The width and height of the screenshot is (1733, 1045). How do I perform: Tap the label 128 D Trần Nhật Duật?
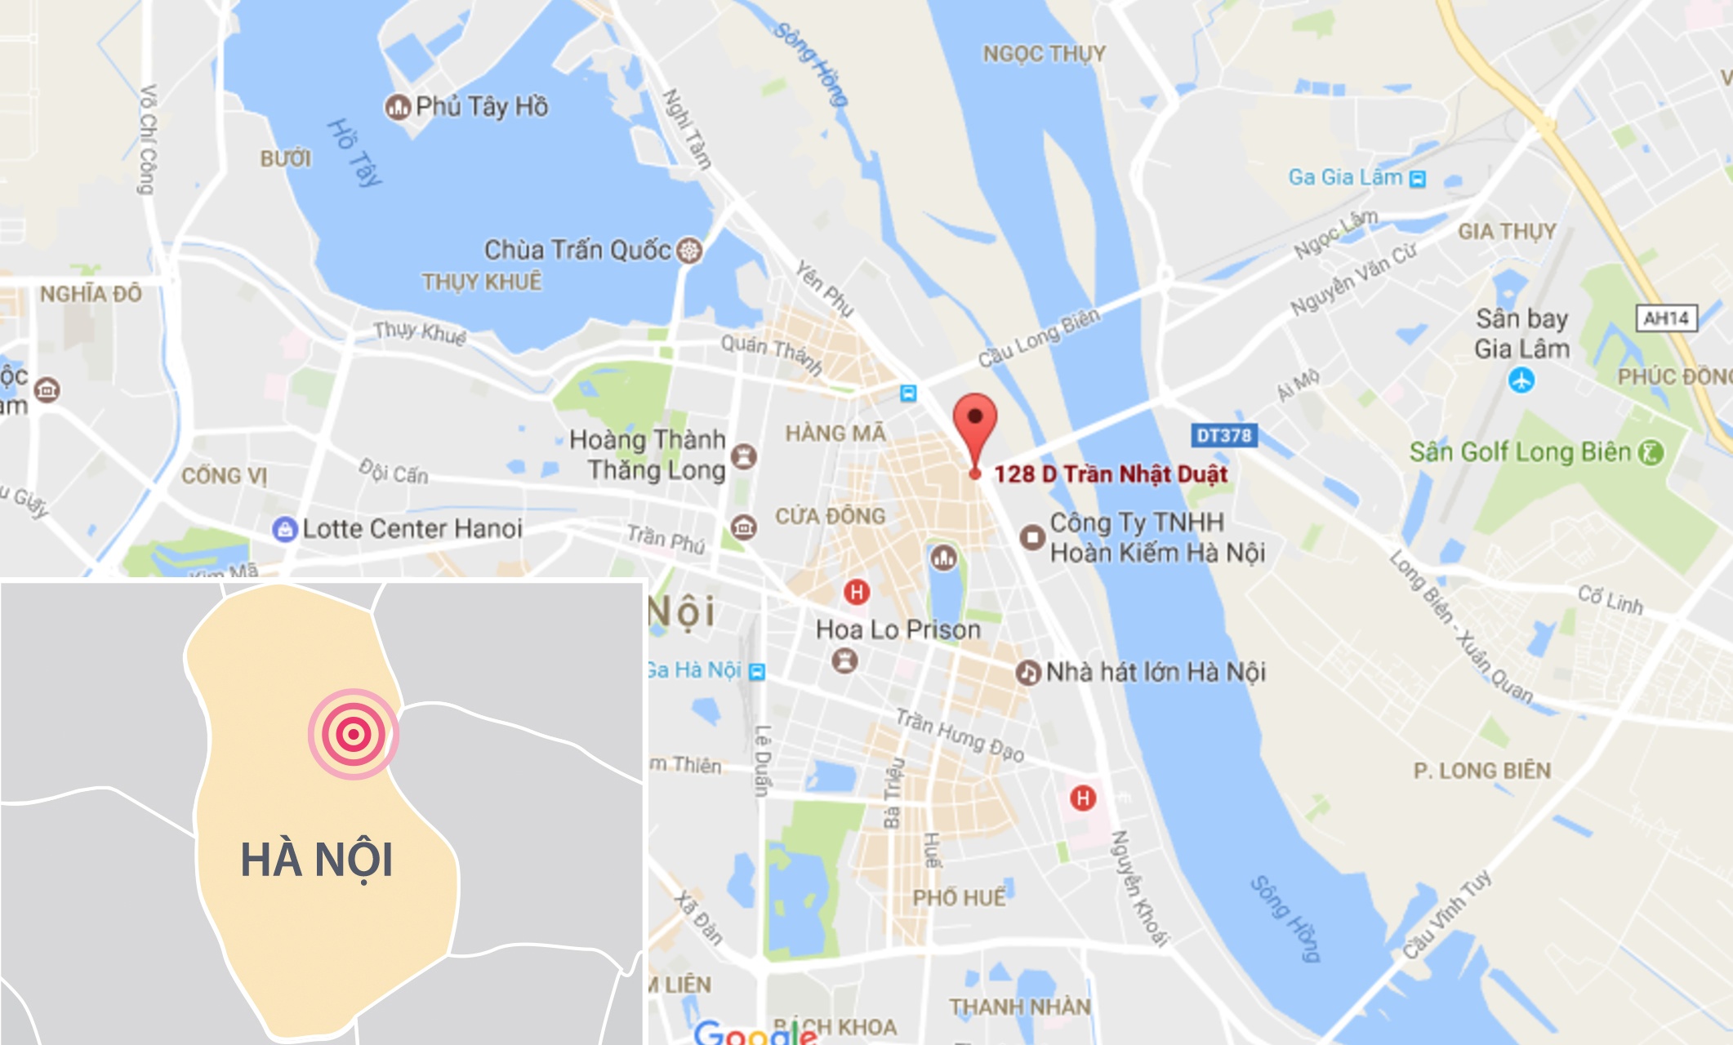(1111, 474)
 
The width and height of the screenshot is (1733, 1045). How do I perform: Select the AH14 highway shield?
(1666, 318)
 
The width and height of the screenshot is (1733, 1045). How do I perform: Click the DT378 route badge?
(1223, 435)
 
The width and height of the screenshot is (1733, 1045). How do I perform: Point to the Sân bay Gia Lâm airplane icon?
(1521, 380)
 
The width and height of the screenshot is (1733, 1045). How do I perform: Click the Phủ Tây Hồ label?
(481, 106)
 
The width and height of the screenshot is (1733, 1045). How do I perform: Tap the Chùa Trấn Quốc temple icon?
(690, 250)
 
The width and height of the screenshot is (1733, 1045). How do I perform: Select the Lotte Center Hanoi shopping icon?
(284, 529)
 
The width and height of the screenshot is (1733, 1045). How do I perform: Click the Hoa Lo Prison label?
(898, 629)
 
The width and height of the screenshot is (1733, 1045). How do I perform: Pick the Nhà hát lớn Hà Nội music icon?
(1027, 673)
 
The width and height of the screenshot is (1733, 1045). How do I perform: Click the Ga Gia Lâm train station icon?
(1418, 179)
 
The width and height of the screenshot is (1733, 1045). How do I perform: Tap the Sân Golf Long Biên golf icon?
(1651, 452)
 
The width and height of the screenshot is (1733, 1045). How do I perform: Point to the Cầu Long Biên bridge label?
(1039, 338)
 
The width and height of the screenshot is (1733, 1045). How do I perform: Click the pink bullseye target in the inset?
(353, 734)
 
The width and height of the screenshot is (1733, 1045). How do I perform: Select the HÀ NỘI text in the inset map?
(317, 860)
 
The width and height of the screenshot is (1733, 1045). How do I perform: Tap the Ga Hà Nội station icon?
(757, 671)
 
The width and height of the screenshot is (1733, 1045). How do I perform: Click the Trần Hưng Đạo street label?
(960, 735)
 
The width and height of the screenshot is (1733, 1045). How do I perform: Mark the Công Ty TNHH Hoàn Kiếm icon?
(1032, 537)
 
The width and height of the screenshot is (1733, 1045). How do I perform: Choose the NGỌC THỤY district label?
(1044, 54)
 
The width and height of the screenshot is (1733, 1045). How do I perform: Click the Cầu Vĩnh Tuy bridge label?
(1447, 914)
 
